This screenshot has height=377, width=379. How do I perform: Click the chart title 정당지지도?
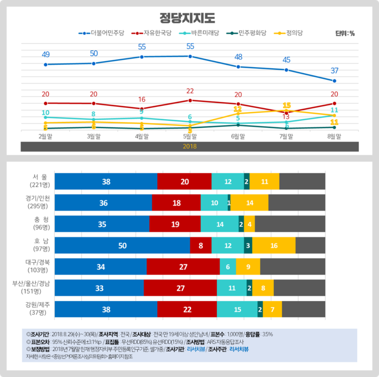pyautogui.click(x=189, y=17)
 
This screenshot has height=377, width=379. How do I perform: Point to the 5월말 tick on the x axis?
pyautogui.click(x=190, y=136)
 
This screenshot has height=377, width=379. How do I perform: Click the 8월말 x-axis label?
pyautogui.click(x=335, y=136)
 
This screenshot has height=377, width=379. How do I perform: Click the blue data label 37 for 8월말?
pyautogui.click(x=335, y=70)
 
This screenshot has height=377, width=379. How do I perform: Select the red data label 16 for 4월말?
pyautogui.click(x=142, y=99)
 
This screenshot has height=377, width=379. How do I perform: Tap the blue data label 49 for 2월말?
pyautogui.click(x=46, y=54)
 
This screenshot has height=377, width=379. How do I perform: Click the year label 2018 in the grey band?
pyautogui.click(x=190, y=146)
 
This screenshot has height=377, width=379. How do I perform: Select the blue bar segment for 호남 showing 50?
pyautogui.click(x=123, y=245)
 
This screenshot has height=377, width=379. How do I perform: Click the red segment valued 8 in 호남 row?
pyautogui.click(x=201, y=245)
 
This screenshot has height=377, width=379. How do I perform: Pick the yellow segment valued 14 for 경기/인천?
pyautogui.click(x=249, y=203)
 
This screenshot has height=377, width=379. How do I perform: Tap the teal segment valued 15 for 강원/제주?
pyautogui.click(x=237, y=309)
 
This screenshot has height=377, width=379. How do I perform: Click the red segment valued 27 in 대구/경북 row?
pyautogui.click(x=183, y=266)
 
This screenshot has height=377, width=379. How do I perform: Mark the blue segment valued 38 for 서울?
pyautogui.click(x=106, y=181)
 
